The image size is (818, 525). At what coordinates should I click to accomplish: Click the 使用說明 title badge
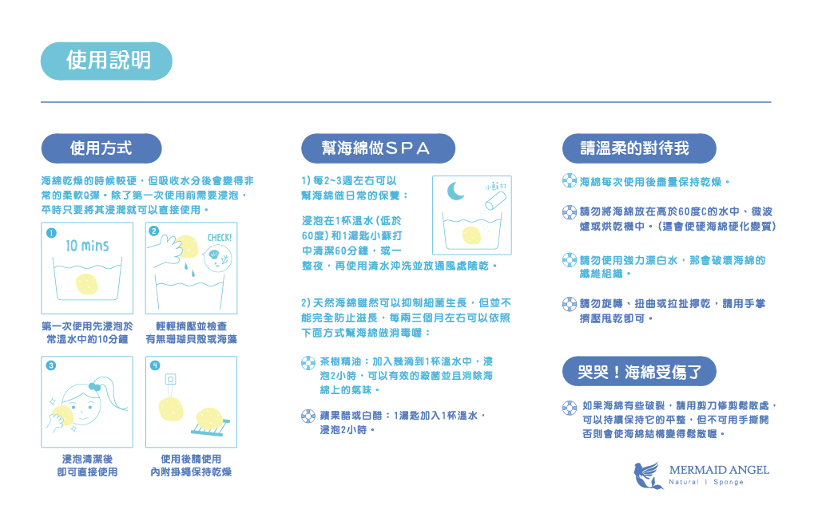pyautogui.click(x=106, y=61)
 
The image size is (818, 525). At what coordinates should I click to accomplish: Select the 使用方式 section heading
pyautogui.click(x=101, y=148)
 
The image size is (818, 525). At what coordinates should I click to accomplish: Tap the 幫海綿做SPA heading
pyautogui.click(x=378, y=148)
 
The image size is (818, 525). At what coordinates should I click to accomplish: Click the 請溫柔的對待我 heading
pyautogui.click(x=639, y=148)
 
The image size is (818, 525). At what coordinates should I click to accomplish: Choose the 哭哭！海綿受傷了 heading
pyautogui.click(x=639, y=371)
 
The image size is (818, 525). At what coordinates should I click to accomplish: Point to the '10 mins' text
pyautogui.click(x=87, y=245)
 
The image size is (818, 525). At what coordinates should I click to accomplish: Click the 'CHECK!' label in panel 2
pyautogui.click(x=220, y=238)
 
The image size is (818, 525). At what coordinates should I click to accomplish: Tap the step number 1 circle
pyautogui.click(x=51, y=233)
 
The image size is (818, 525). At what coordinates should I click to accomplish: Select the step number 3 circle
pyautogui.click(x=51, y=365)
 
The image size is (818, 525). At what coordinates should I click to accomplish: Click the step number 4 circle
pyautogui.click(x=155, y=365)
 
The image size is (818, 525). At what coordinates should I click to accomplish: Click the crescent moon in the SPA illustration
pyautogui.click(x=455, y=191)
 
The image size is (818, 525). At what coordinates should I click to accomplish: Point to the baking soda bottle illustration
pyautogui.click(x=495, y=200)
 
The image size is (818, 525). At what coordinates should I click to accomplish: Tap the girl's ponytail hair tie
pyautogui.click(x=94, y=387)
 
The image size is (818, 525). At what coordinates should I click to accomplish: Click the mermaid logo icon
pyautogui.click(x=648, y=475)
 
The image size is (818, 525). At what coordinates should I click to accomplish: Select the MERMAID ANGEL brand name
pyautogui.click(x=719, y=470)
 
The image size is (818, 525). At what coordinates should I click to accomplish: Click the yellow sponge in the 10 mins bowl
pyautogui.click(x=87, y=284)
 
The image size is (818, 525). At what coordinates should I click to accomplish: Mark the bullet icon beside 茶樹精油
pyautogui.click(x=308, y=363)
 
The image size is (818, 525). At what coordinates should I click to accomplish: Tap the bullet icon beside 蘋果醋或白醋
pyautogui.click(x=308, y=416)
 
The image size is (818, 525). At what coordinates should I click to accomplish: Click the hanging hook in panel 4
pyautogui.click(x=170, y=383)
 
